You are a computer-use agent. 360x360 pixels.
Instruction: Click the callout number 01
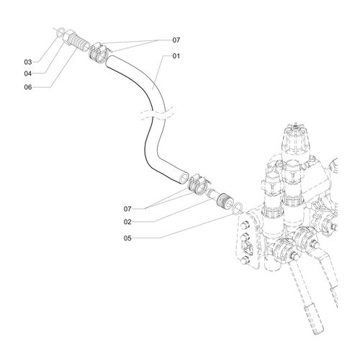176,56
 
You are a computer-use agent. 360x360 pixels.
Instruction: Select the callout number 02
127,222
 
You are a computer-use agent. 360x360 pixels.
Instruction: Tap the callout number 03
28,62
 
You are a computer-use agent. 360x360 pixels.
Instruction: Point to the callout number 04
28,73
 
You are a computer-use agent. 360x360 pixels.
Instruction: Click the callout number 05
127,238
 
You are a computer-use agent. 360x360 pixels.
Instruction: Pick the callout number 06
28,87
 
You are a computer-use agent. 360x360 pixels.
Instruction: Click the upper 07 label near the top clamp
176,40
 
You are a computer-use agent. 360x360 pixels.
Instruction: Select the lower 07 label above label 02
127,209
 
